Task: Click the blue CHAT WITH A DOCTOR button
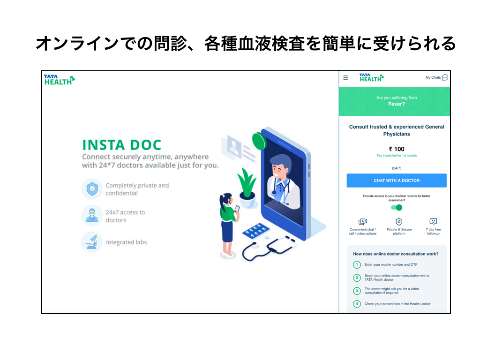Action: pyautogui.click(x=397, y=180)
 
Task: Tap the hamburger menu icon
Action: pyautogui.click(x=345, y=78)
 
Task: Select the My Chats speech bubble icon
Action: pyautogui.click(x=445, y=77)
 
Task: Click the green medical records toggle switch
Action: pyautogui.click(x=397, y=208)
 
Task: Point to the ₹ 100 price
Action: pyautogui.click(x=397, y=149)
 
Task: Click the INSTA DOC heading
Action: pyautogui.click(x=121, y=145)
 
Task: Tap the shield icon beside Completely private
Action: pyautogui.click(x=92, y=189)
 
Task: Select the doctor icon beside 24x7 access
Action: pyautogui.click(x=92, y=216)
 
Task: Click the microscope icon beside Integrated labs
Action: pyautogui.click(x=92, y=242)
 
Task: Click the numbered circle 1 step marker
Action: pyautogui.click(x=357, y=265)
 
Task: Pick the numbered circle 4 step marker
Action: pyautogui.click(x=357, y=304)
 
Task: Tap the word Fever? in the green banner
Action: pyautogui.click(x=397, y=104)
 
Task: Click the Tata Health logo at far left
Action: pyautogui.click(x=59, y=80)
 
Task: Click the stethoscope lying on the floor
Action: pyautogui.click(x=268, y=248)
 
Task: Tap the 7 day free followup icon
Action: pyautogui.click(x=433, y=221)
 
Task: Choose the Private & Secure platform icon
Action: pyautogui.click(x=399, y=222)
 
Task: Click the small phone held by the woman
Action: pyautogui.click(x=237, y=209)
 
